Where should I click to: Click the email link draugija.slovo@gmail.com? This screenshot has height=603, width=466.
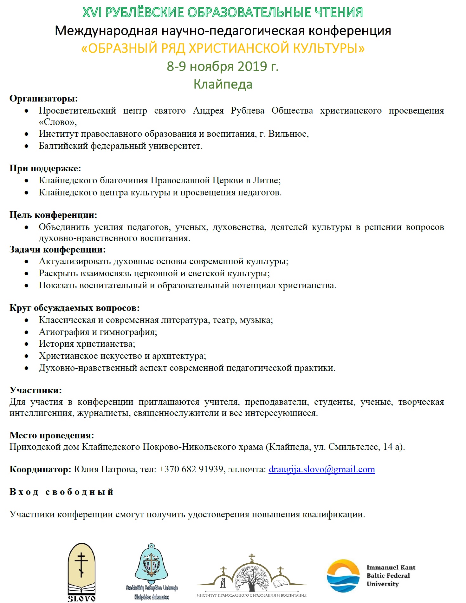coord(321,469)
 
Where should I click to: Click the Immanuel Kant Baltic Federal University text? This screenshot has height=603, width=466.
coord(391,575)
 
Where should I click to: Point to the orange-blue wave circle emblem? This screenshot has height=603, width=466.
coord(343,576)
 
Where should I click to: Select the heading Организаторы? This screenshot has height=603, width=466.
coord(43,99)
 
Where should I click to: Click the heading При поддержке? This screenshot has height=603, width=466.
coord(45,168)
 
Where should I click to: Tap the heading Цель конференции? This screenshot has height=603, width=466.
coord(53,215)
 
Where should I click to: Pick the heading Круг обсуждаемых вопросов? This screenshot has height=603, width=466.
coord(74,308)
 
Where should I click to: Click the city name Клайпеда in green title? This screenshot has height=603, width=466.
coord(223,84)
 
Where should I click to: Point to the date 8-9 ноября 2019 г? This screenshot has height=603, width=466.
coord(223,66)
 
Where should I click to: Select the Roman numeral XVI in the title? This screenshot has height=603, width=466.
coord(93,12)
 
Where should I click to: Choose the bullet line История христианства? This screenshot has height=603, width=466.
coord(87,344)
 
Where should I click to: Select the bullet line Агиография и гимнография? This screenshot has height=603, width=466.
coord(98,332)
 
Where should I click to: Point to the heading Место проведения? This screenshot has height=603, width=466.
coord(52,435)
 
